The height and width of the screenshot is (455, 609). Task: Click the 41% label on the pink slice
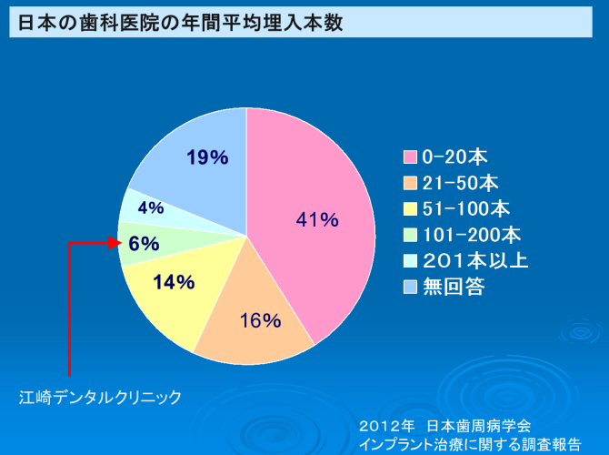317,219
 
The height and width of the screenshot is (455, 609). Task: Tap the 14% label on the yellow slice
174,282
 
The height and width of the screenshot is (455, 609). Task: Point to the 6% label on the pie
145,243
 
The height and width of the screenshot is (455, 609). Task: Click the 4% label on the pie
151,207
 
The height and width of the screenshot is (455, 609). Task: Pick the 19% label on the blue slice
207,157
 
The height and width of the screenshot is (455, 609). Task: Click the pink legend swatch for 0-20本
411,156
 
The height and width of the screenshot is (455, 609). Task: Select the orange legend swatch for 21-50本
411,182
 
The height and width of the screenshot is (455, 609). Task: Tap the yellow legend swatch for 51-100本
411,208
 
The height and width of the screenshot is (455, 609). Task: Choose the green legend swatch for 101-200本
411,235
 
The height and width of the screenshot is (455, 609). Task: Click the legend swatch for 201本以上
411,261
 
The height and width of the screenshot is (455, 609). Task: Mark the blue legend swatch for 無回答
411,288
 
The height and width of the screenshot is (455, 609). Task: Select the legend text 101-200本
472,235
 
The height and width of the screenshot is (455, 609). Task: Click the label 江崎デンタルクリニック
101,397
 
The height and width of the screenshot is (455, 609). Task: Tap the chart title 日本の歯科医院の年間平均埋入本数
181,23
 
